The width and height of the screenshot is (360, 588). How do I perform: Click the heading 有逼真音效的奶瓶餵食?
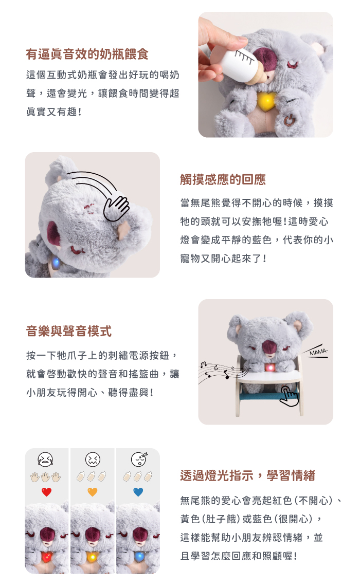[x=87, y=54]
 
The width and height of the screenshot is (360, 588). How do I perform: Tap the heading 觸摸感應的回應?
[x=223, y=179]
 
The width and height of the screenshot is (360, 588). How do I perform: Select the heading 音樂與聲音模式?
[x=69, y=331]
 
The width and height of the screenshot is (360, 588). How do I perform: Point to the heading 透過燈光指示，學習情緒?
[x=247, y=475]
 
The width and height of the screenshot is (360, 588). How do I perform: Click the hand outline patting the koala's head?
[x=116, y=208]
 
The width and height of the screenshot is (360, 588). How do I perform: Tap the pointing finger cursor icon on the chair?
[x=289, y=396]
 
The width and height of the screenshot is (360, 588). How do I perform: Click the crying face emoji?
[x=45, y=459]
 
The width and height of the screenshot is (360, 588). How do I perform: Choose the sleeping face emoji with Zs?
[x=139, y=459]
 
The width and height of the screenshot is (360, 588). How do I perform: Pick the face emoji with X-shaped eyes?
[x=93, y=459]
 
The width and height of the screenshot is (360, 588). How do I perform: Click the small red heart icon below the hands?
[x=47, y=491]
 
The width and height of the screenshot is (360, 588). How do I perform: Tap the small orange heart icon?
[x=93, y=491]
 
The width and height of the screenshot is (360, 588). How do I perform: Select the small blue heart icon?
[x=138, y=491]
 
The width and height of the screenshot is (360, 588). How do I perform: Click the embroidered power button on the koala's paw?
[x=289, y=120]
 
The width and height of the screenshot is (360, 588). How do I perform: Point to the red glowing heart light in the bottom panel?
[x=47, y=557]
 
